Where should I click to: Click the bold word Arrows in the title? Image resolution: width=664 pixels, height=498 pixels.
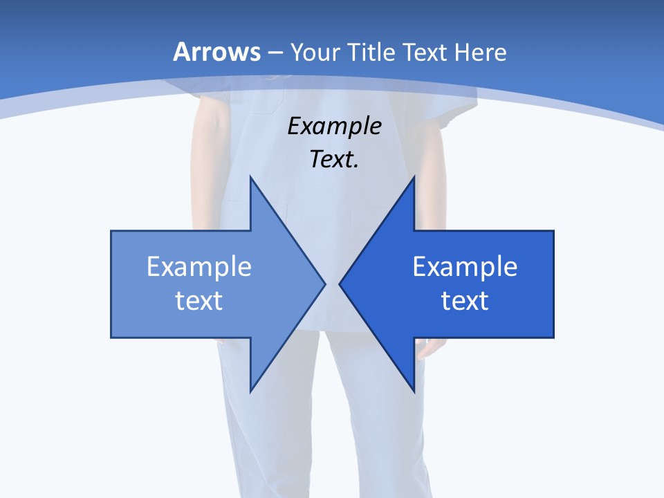[217, 52]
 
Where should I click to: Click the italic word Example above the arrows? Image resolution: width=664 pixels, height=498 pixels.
[334, 126]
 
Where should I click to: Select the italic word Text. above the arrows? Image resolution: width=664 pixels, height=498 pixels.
[334, 159]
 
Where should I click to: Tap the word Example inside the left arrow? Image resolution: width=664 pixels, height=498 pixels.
[199, 267]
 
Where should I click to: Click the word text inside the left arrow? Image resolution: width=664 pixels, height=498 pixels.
[199, 301]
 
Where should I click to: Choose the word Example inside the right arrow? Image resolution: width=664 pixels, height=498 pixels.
[465, 267]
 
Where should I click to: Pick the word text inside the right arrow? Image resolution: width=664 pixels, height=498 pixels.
[465, 301]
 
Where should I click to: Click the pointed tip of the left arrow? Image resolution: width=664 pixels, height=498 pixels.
[324, 284]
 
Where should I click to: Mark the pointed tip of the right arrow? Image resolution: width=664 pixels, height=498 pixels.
[340, 284]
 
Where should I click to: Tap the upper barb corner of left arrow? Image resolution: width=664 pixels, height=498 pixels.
[250, 177]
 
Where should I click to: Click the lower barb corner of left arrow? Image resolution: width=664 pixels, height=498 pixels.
[250, 391]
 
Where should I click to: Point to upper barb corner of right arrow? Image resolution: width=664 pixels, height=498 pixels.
[414, 177]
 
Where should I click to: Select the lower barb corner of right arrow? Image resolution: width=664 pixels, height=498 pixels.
[414, 391]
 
